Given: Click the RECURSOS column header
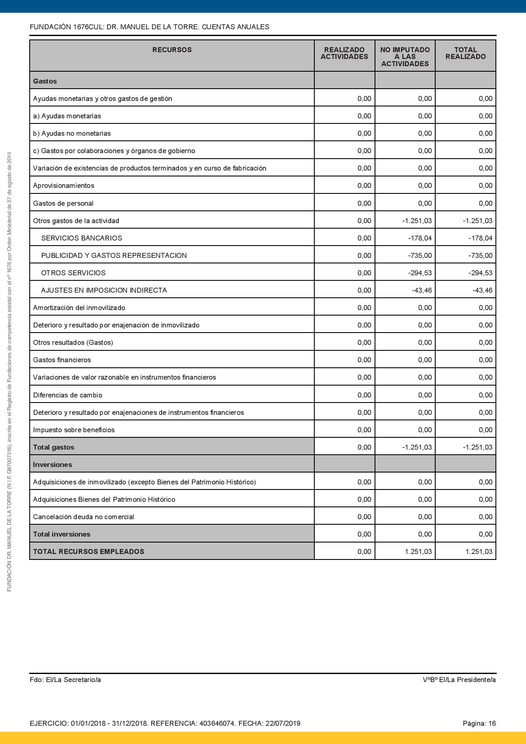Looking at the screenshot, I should coord(172,50).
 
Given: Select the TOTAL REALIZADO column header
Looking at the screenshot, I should coord(465,53).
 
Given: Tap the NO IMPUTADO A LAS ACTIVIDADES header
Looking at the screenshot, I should coord(405,57).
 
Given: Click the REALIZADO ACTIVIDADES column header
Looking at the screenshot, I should coord(344,53).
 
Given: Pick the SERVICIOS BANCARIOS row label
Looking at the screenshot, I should coord(81,238).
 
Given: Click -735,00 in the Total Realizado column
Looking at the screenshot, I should coord(480,256).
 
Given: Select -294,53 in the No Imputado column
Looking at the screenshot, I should coord(420,273).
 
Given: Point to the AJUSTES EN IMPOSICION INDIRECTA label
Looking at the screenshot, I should coord(104,291).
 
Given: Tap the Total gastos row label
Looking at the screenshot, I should coord(53,448).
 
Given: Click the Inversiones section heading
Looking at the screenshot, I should coord(53,465).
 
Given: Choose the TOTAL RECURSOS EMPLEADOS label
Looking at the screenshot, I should coord(89,552).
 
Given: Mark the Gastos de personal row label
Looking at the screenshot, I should coord(63,204).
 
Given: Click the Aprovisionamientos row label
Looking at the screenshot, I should coord(64,186).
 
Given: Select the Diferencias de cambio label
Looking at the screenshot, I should coord(67,395).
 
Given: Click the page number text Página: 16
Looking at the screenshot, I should coord(479,724).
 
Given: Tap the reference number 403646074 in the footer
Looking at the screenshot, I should coord(216,724).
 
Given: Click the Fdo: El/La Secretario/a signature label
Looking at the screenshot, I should coord(65,680).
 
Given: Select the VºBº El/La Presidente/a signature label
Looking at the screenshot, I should coord(459,680).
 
